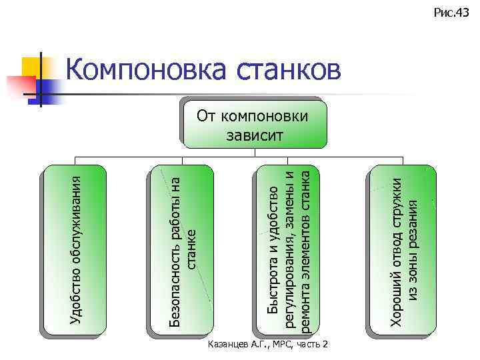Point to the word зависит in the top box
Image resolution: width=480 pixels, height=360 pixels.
click(255, 136)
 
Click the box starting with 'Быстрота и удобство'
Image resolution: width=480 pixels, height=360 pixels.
click(287, 250)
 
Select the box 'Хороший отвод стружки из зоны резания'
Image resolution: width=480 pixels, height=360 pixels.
click(404, 250)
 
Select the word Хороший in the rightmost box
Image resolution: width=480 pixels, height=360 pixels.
click(397, 303)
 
